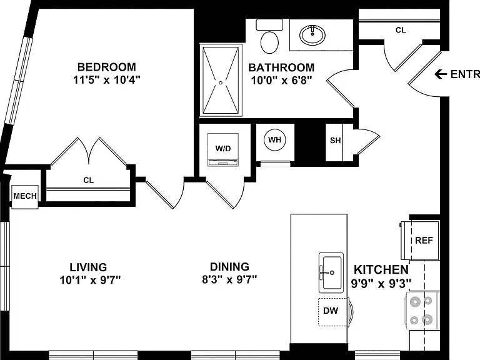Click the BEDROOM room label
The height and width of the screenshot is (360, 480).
tap(106, 67)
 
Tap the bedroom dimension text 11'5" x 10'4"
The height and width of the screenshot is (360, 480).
tap(106, 80)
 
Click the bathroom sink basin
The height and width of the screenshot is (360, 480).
tap(312, 34)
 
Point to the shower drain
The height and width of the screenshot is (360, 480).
tap(221, 82)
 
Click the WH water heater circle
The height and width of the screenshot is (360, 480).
tap(274, 140)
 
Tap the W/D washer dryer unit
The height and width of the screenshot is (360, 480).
tap(223, 150)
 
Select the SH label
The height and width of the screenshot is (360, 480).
tap(335, 141)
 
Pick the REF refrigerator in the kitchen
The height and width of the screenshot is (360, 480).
tap(420, 240)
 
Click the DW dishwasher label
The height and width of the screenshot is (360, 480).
tap(331, 311)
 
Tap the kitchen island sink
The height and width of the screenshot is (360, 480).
tap(331, 272)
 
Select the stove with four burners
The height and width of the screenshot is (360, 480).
tap(422, 311)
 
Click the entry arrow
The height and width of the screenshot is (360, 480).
tap(441, 74)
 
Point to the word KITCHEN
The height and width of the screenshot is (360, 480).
tap(381, 270)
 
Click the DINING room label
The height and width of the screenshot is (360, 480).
tap(229, 267)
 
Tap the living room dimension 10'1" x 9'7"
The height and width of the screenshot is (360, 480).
tap(90, 280)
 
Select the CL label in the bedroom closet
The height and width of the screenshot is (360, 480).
tap(89, 180)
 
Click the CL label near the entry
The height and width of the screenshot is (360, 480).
tap(401, 30)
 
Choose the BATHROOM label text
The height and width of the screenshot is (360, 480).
tap(281, 67)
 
